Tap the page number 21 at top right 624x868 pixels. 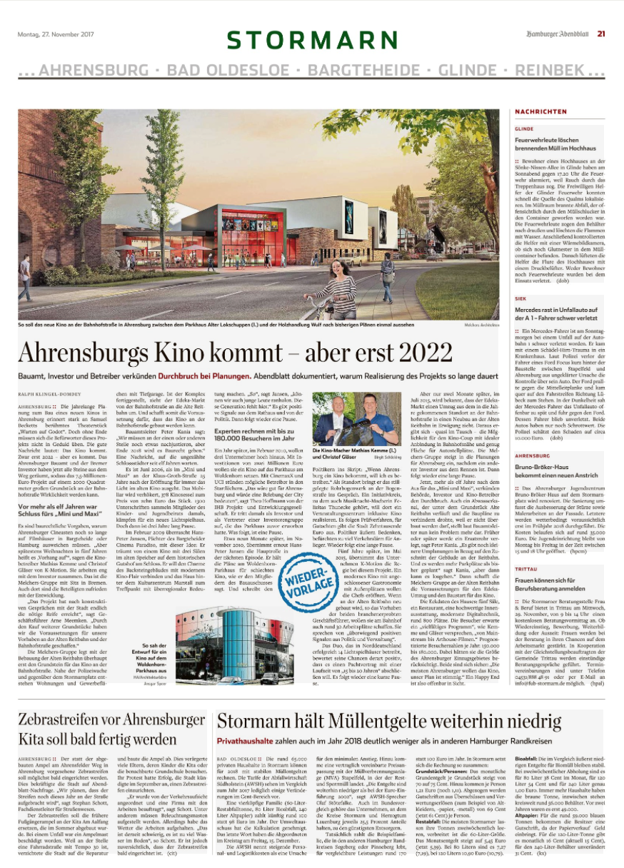click(x=601, y=33)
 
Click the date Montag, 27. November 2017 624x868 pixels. click(x=56, y=34)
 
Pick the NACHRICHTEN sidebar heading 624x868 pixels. click(x=536, y=113)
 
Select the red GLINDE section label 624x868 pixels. click(x=523, y=129)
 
